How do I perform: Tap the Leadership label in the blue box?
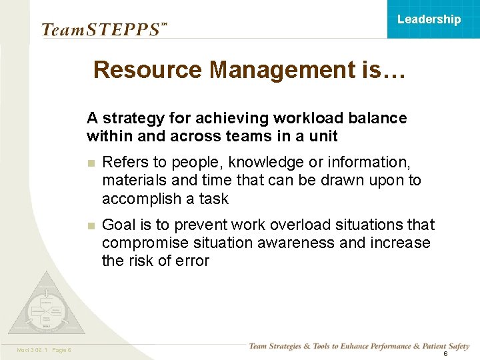coord(429,19)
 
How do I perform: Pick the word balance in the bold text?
coord(379,119)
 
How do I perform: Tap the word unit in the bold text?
coord(325,136)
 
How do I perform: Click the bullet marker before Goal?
coord(91,225)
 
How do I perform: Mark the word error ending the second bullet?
coord(191,261)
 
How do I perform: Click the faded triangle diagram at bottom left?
coord(46,305)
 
